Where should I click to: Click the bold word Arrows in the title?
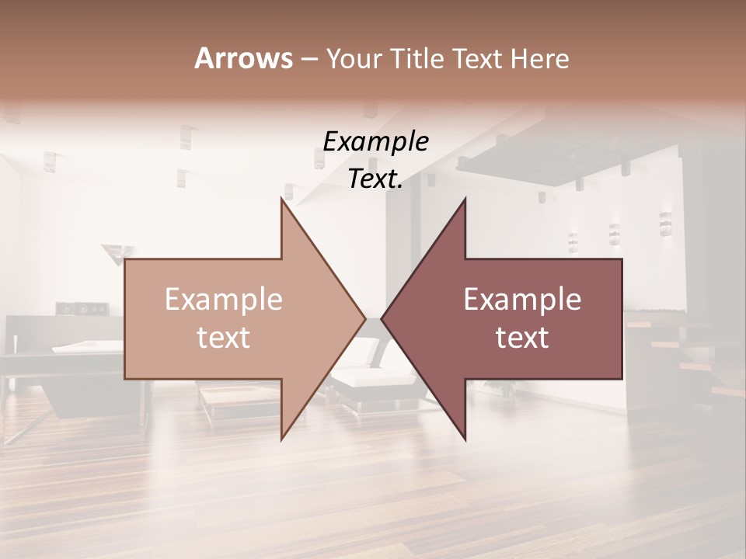pos(243,58)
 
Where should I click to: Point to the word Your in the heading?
pos(354,59)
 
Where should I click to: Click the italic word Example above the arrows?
pos(375,142)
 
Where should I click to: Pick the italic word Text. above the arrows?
pos(375,179)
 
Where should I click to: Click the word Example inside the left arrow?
pos(224,300)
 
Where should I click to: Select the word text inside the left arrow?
pos(224,338)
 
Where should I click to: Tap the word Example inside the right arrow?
pos(522,300)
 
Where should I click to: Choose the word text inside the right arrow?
pos(522,338)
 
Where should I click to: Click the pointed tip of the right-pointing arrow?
pos(365,318)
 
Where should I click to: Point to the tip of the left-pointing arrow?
pos(382,318)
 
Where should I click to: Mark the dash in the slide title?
pos(309,59)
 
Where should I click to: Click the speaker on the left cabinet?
pos(82,309)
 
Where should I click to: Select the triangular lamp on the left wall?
pos(117,252)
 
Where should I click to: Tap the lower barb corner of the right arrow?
pos(465,439)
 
